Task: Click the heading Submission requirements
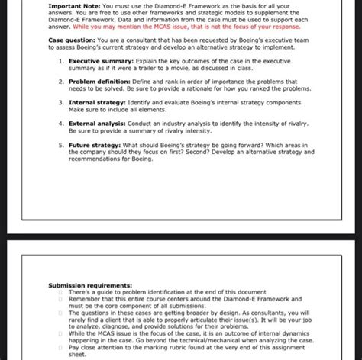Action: [x=88, y=285]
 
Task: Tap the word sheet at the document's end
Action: [x=78, y=355]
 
